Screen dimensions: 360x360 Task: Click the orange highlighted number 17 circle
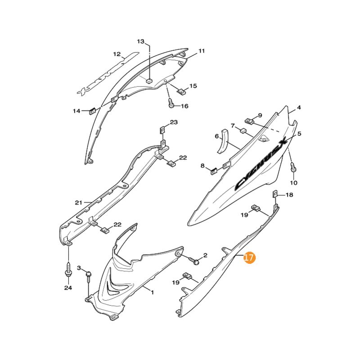point(249,258)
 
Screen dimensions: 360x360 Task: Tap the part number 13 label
point(141,41)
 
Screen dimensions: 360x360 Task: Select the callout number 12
point(117,54)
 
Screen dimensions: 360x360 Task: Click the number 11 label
point(201,51)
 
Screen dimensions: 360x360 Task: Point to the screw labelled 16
point(171,103)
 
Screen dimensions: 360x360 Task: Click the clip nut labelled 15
point(182,92)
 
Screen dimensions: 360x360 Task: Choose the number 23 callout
point(174,122)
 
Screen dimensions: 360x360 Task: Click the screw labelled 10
point(293,167)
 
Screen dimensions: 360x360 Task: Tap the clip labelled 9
point(250,121)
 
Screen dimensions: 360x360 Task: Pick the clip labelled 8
point(215,170)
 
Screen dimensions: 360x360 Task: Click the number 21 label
point(79,202)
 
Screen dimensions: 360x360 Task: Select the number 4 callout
point(298,108)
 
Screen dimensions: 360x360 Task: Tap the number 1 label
point(152,292)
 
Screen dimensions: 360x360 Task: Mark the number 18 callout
point(289,195)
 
